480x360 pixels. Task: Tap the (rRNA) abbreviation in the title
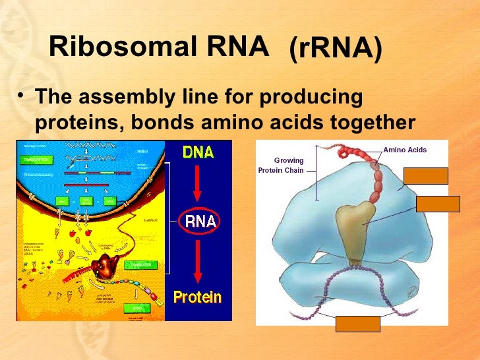(x=336, y=49)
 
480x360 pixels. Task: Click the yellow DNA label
(x=198, y=152)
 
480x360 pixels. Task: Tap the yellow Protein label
(x=198, y=297)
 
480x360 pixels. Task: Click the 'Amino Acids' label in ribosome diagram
(x=405, y=150)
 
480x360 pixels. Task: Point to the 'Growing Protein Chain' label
(x=282, y=165)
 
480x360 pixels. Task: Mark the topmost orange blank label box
(x=425, y=175)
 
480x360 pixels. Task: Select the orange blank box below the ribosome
(x=358, y=324)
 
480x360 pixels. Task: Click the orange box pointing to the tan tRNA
(x=438, y=204)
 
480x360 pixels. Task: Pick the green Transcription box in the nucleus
(x=36, y=159)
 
